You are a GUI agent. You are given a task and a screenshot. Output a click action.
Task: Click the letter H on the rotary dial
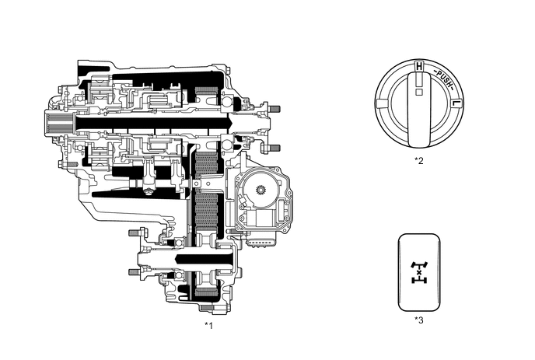419,67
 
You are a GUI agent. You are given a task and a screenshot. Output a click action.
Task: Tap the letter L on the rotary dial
456,103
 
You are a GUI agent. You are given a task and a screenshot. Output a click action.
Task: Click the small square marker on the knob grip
418,92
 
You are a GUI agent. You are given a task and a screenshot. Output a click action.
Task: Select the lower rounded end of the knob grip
418,139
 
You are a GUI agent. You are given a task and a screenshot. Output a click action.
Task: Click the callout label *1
208,324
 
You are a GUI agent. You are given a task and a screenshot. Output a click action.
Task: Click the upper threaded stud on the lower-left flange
134,232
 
